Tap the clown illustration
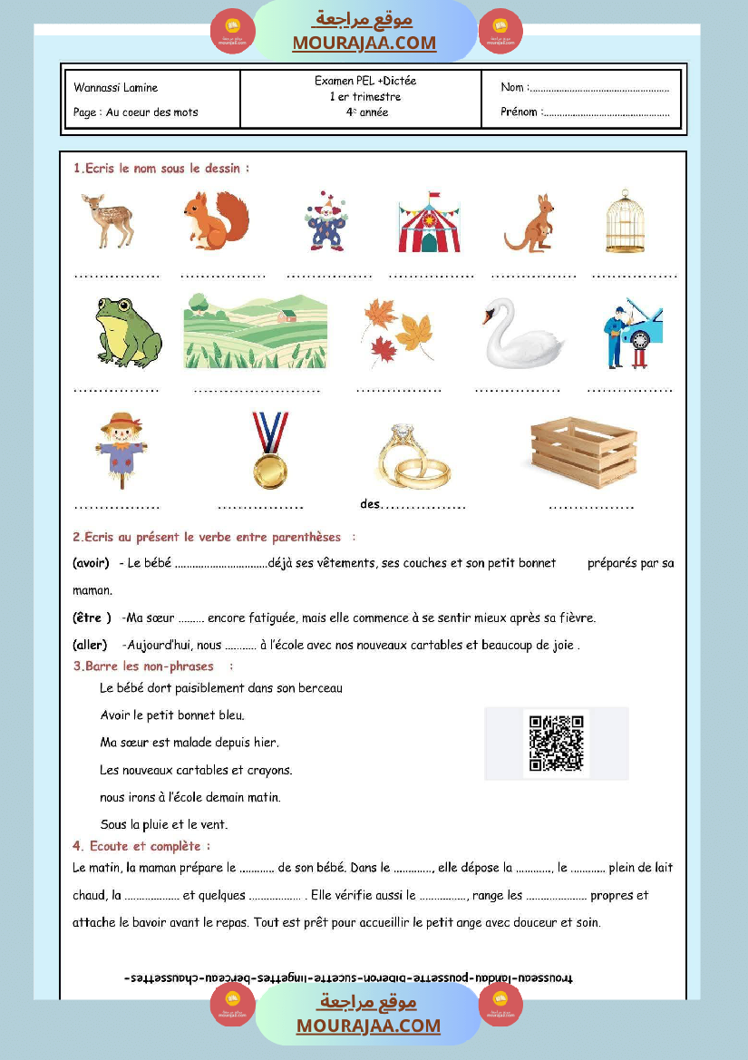(x=325, y=220)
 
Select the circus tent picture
(x=429, y=222)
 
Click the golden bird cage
(x=625, y=221)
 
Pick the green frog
(x=127, y=332)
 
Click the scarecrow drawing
(x=121, y=451)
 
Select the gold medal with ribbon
(x=270, y=451)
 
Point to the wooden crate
(x=584, y=452)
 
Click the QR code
(x=556, y=744)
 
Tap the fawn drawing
(x=107, y=221)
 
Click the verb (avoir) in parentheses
(x=91, y=563)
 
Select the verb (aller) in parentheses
(x=90, y=646)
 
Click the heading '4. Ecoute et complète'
(x=141, y=846)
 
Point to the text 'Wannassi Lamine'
(x=116, y=88)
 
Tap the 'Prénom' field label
(x=520, y=112)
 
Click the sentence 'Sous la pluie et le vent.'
(x=164, y=825)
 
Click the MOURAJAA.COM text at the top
(x=364, y=43)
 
